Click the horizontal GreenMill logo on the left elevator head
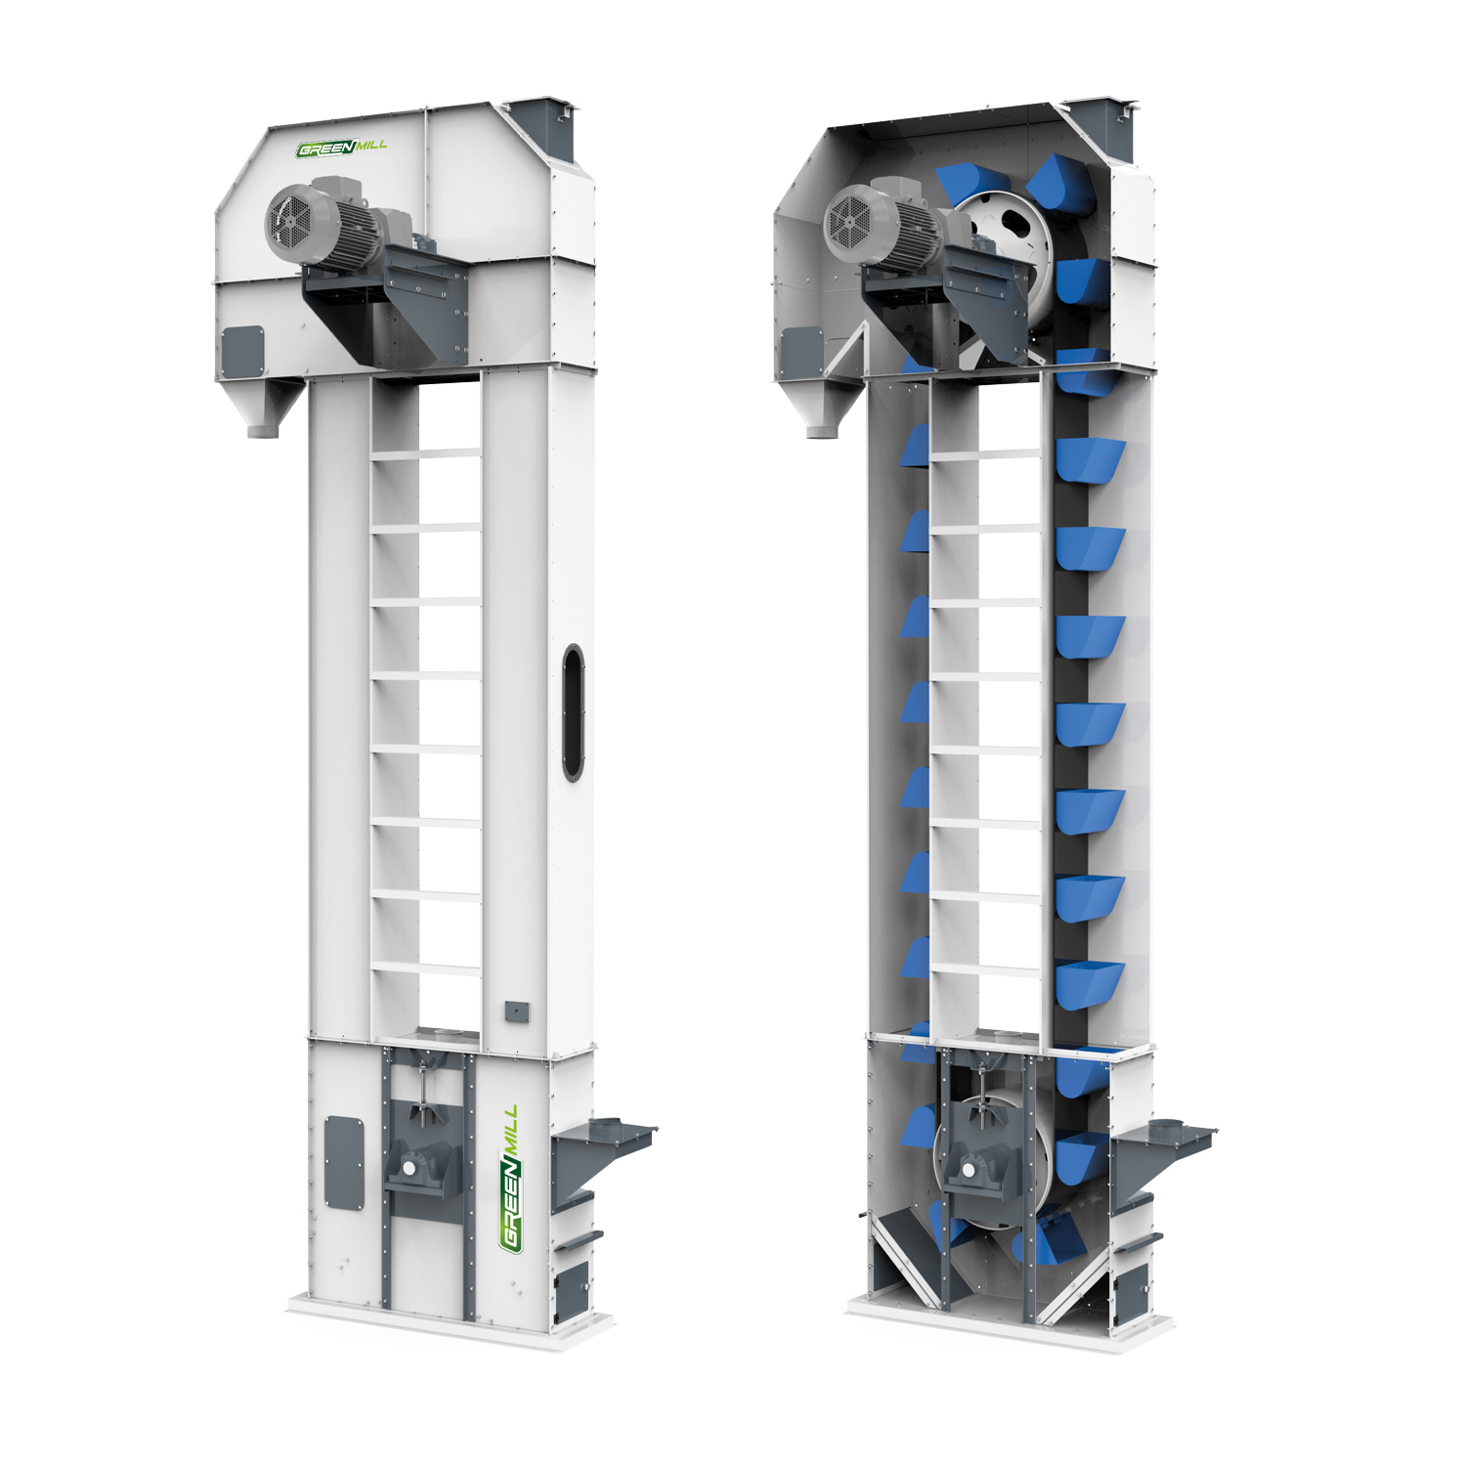coord(342,149)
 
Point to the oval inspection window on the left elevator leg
coord(574,712)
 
